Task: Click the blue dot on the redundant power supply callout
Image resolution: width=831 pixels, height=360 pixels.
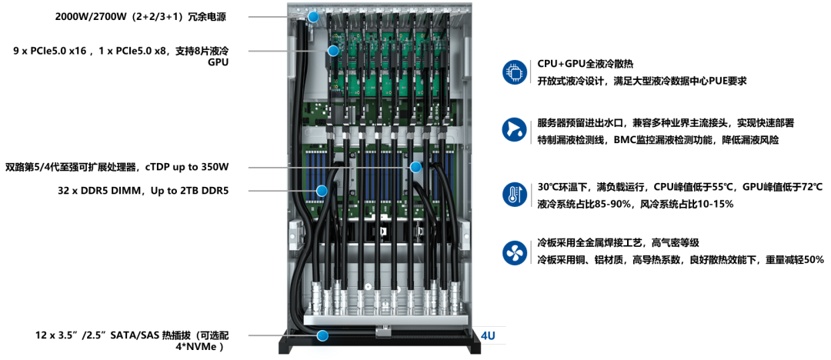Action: click(x=314, y=17)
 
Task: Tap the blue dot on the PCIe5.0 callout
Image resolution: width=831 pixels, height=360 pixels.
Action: click(x=333, y=51)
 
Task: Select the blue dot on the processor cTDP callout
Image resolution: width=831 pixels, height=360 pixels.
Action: click(x=415, y=168)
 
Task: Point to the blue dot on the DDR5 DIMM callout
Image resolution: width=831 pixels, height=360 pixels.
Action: click(x=321, y=190)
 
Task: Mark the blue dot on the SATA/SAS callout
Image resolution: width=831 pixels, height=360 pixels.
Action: click(x=322, y=335)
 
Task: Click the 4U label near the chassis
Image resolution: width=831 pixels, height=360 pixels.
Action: click(x=488, y=335)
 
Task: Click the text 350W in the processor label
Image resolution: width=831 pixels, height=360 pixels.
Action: click(x=215, y=168)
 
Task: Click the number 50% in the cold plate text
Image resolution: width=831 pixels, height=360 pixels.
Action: click(x=813, y=260)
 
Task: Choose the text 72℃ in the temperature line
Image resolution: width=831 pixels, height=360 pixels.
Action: click(x=812, y=187)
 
